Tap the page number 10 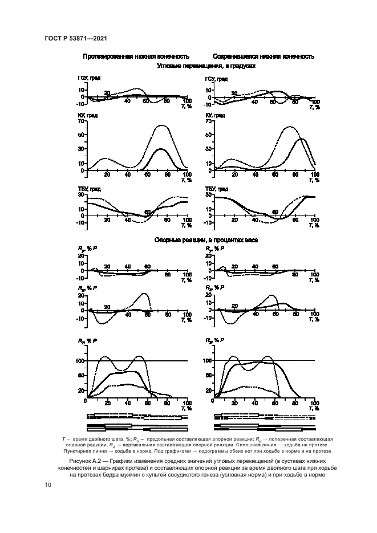tap(48, 485)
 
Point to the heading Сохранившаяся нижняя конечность tap(263, 57)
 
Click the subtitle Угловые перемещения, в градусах tap(205, 66)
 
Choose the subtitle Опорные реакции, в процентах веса tap(206, 240)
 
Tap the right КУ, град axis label tap(215, 115)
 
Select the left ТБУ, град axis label tap(89, 189)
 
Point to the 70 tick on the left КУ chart tap(81, 121)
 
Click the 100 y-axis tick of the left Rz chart tap(79, 361)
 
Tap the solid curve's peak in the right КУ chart tap(302, 139)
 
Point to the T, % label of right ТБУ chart tap(315, 226)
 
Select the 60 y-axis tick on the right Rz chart tap(208, 376)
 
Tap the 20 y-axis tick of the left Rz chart tap(81, 390)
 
